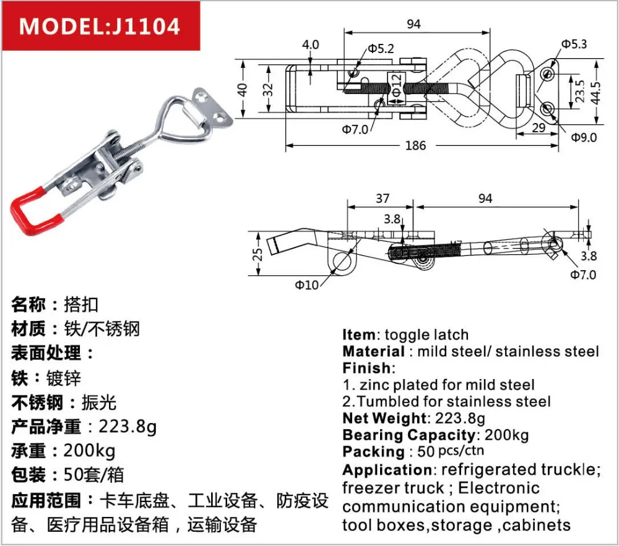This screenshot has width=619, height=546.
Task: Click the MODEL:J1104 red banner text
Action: tap(100, 27)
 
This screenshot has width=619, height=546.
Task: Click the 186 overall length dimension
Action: tap(415, 146)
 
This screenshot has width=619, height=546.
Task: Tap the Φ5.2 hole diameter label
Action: tap(381, 48)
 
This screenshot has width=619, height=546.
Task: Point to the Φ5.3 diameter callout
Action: tap(574, 43)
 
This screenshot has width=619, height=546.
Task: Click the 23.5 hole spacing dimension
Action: tap(578, 92)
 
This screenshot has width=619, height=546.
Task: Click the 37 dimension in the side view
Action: tap(382, 198)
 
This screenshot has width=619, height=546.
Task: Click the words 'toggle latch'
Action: tap(426, 335)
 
